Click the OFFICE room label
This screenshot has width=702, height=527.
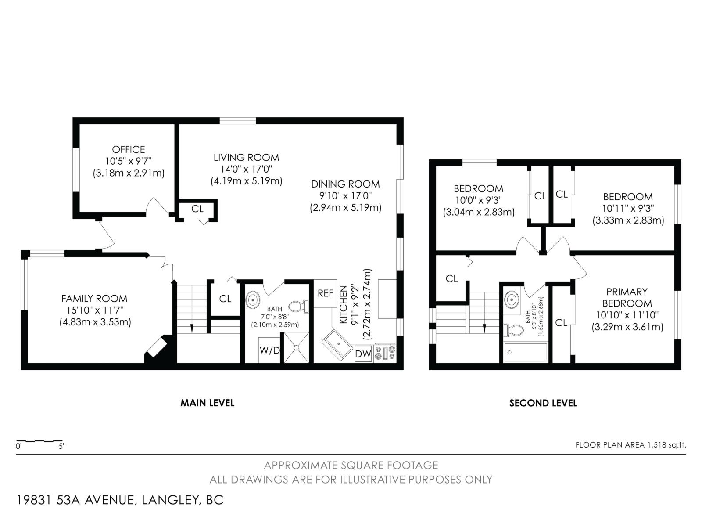pos(128,149)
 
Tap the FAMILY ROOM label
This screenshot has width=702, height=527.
pos(94,299)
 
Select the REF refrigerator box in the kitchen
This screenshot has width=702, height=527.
pos(326,293)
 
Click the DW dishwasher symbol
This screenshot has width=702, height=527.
pos(363,354)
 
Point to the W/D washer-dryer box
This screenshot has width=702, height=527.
pos(269,350)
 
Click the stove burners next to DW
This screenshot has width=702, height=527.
pos(385,353)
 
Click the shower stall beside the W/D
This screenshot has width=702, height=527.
pos(296,347)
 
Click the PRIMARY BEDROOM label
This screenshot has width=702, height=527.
pos(627,297)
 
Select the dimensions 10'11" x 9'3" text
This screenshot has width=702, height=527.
pos(627,208)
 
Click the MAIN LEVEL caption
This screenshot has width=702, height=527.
pos(207,403)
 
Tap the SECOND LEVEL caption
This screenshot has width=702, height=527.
pos(543,403)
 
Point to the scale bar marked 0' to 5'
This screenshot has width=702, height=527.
pos(39,441)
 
